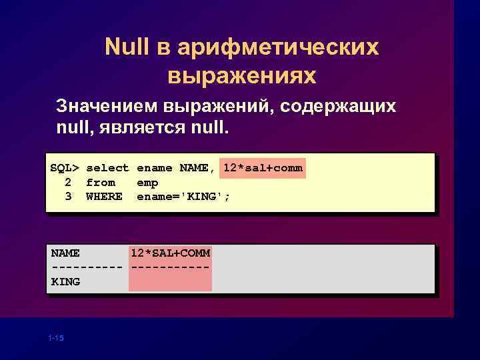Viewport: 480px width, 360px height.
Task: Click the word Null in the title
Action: coord(127,47)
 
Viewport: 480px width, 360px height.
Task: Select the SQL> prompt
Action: coord(65,168)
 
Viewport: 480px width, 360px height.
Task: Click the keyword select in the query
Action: coord(107,168)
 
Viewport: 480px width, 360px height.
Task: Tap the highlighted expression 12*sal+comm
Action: coord(263,168)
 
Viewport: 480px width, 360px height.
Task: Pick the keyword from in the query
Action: coord(101,182)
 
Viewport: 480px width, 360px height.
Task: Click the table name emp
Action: coord(147,182)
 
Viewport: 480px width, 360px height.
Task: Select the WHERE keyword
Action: coord(104,197)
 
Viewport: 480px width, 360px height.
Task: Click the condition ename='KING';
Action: coord(183,197)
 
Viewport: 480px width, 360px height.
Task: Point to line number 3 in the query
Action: coord(68,197)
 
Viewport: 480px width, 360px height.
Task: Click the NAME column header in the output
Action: coord(65,253)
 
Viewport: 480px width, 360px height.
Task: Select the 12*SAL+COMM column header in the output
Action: coord(171,253)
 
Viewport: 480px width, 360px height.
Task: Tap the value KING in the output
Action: coord(65,281)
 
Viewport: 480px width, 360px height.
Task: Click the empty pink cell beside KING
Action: coord(171,281)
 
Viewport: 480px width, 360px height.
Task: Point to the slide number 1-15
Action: coord(56,339)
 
